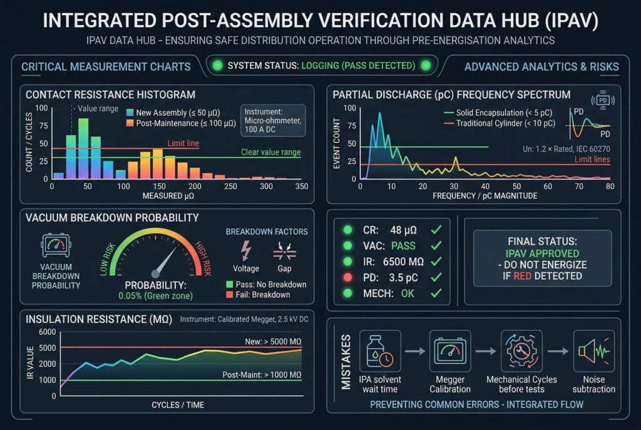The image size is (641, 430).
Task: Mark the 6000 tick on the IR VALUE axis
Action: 47,332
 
